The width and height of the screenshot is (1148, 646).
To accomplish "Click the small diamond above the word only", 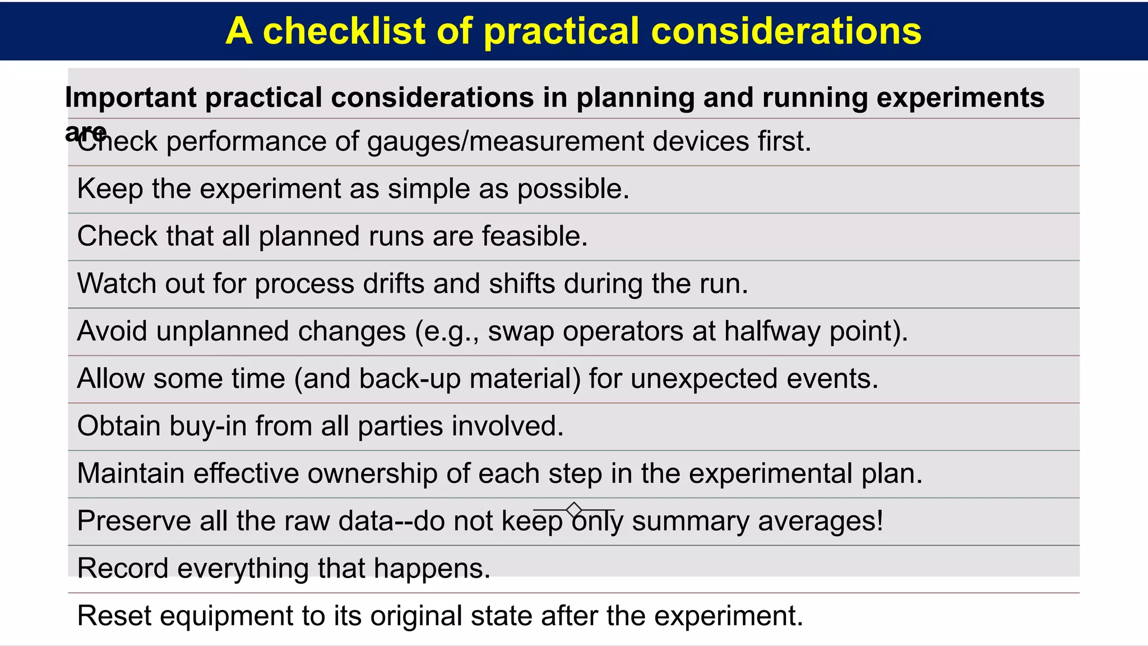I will click(574, 510).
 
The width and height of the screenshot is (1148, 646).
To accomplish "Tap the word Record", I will click(123, 568).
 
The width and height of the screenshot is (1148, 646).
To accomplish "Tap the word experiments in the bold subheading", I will click(960, 98).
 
